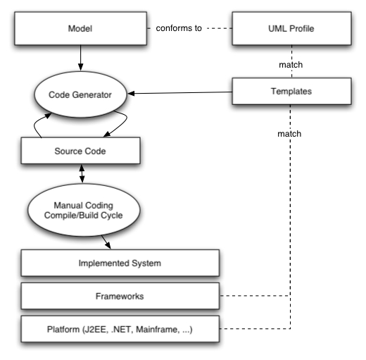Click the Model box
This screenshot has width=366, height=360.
[x=80, y=28]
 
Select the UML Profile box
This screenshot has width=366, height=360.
[x=291, y=28]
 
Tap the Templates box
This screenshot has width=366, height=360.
[x=291, y=91]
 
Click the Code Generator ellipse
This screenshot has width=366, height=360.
[x=80, y=94]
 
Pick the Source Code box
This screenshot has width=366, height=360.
[x=80, y=151]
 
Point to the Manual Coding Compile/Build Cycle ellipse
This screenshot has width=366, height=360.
[x=84, y=210]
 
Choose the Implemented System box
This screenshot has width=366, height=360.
[x=120, y=263]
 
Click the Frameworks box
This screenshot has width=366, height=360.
[x=120, y=296]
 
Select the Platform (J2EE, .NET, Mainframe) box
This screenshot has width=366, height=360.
[x=120, y=329]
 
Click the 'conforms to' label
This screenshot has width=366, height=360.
[x=179, y=28]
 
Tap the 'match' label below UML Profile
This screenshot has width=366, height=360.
[x=291, y=65]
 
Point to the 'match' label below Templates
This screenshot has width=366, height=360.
[x=289, y=134]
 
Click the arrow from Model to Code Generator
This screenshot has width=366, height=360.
[x=80, y=58]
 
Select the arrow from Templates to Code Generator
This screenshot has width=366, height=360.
[x=179, y=93]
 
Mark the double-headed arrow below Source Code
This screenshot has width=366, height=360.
[x=82, y=173]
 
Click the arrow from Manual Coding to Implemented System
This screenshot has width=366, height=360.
[x=106, y=242]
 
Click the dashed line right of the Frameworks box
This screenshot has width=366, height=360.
[x=255, y=296]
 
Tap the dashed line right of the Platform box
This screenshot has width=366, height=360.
[x=255, y=328]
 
